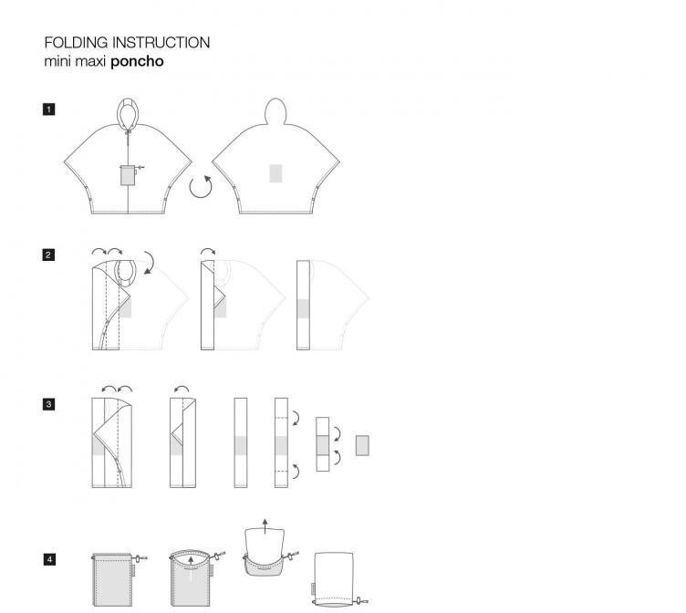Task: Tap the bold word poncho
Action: tap(137, 62)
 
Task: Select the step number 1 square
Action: tap(48, 109)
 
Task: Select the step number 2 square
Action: tap(48, 255)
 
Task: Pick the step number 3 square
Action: tap(48, 403)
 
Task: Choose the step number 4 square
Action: tap(48, 559)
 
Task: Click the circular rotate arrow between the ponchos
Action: tap(201, 187)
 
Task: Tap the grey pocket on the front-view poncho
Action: tap(128, 174)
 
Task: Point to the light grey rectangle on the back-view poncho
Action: tap(275, 173)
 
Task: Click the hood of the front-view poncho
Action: tap(129, 113)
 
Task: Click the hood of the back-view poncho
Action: tap(275, 111)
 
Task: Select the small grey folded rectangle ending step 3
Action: tap(361, 445)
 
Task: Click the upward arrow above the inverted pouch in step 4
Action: tap(265, 525)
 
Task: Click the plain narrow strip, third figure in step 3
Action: tap(241, 443)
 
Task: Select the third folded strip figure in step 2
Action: tap(304, 306)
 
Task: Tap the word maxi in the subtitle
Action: tap(92, 62)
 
